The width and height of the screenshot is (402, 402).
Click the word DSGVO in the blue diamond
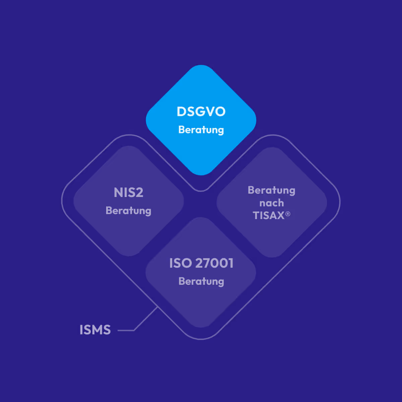tap(201, 112)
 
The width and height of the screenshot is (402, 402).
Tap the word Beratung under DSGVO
tap(201, 130)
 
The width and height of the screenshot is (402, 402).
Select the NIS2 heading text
tap(128, 193)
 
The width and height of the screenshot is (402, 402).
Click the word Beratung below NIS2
tap(128, 211)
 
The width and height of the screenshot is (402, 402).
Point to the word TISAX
tap(268, 215)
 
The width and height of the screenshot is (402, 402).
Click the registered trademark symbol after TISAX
tap(288, 214)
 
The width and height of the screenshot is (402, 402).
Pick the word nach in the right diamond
tap(271, 203)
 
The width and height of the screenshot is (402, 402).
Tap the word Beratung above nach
tap(271, 190)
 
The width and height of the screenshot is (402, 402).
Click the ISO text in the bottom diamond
tap(180, 263)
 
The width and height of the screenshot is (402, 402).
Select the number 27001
tap(214, 263)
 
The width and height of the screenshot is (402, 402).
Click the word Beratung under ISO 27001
tap(201, 281)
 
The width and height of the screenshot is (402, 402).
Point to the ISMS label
tap(95, 330)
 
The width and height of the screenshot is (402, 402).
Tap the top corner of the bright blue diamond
tap(201, 66)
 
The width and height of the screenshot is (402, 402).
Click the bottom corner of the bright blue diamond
tap(201, 174)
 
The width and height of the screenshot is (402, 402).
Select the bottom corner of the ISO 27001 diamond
tap(201, 326)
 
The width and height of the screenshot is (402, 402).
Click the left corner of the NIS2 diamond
tap(75, 201)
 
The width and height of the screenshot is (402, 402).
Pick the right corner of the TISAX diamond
tap(326, 202)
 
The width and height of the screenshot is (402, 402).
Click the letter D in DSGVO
tap(181, 112)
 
